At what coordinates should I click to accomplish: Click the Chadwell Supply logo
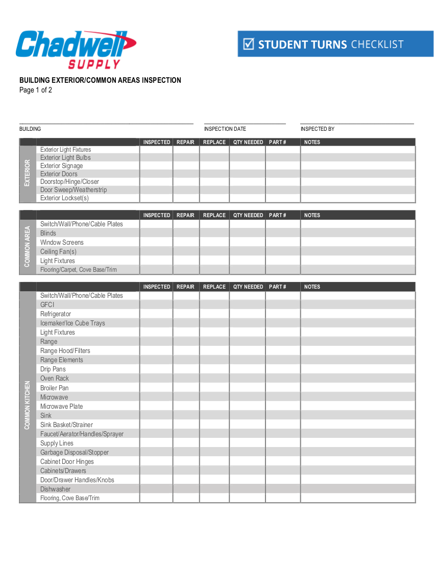click(x=76, y=49)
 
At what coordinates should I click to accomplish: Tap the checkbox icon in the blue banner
click(x=249, y=44)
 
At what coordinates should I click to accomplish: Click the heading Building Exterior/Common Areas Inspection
click(x=100, y=80)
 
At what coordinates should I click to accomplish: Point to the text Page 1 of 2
click(x=36, y=90)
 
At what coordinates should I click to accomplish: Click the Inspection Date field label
click(x=225, y=129)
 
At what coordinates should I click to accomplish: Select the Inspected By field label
click(x=318, y=129)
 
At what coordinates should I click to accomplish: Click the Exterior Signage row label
click(x=61, y=166)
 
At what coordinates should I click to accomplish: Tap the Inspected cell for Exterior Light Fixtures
click(x=156, y=150)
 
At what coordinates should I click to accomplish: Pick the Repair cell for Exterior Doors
click(x=186, y=174)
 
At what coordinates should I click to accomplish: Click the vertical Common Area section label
click(x=28, y=247)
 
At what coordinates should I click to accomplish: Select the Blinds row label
click(x=48, y=233)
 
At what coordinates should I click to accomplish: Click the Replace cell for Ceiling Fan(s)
click(x=214, y=251)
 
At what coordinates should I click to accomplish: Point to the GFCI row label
click(x=47, y=305)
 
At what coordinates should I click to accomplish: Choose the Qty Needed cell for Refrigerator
click(x=247, y=314)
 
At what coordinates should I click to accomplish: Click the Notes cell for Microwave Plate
click(x=357, y=406)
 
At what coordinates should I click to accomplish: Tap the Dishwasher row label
click(x=56, y=489)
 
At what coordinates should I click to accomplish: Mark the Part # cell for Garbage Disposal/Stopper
click(x=282, y=452)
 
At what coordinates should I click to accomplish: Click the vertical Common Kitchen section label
click(x=28, y=405)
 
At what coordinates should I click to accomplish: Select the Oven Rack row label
click(x=55, y=379)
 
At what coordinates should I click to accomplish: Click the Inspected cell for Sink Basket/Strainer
click(x=156, y=425)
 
